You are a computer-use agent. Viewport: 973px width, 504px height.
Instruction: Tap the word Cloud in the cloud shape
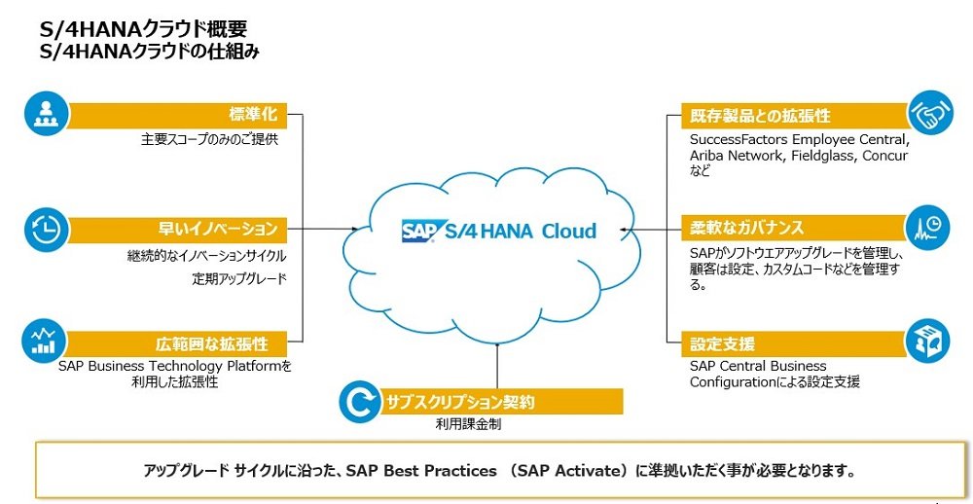(569, 231)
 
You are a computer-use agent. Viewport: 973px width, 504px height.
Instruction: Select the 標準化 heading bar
(177, 116)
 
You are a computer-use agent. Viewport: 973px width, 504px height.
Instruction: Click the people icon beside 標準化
(45, 115)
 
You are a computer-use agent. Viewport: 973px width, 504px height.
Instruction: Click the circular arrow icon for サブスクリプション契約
(360, 402)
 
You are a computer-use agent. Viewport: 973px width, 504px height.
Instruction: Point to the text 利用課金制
(469, 425)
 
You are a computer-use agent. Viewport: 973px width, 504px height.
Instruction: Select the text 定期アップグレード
(239, 279)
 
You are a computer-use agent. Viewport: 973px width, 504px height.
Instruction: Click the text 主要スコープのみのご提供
(210, 140)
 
